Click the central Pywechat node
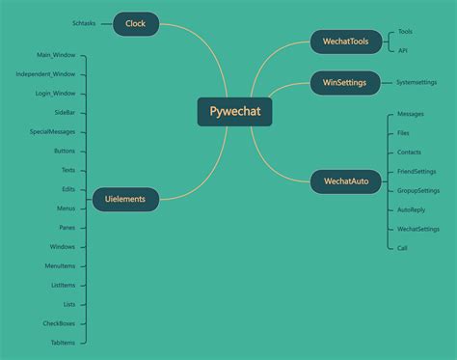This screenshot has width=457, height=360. pos(234,111)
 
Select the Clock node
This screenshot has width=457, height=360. pos(136,23)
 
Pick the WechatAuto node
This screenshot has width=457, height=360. pos(345,181)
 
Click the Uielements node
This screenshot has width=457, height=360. pos(125,200)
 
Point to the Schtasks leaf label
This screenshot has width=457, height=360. pos(84,23)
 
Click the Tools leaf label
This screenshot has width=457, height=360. pos(405,32)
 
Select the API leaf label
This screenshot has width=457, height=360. pos(403,50)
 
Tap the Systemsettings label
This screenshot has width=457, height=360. pos(417,83)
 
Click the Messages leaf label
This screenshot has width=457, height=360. pos(410,114)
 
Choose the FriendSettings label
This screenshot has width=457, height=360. pos(416,171)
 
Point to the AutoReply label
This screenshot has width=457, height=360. pos(411,209)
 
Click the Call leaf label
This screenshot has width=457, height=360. pos(403,248)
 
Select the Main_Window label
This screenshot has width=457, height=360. pos(56,56)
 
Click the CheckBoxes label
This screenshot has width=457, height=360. pos(59,323)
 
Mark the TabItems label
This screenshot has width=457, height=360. pos(62,343)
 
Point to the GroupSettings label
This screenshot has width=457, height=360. pos(417,190)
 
